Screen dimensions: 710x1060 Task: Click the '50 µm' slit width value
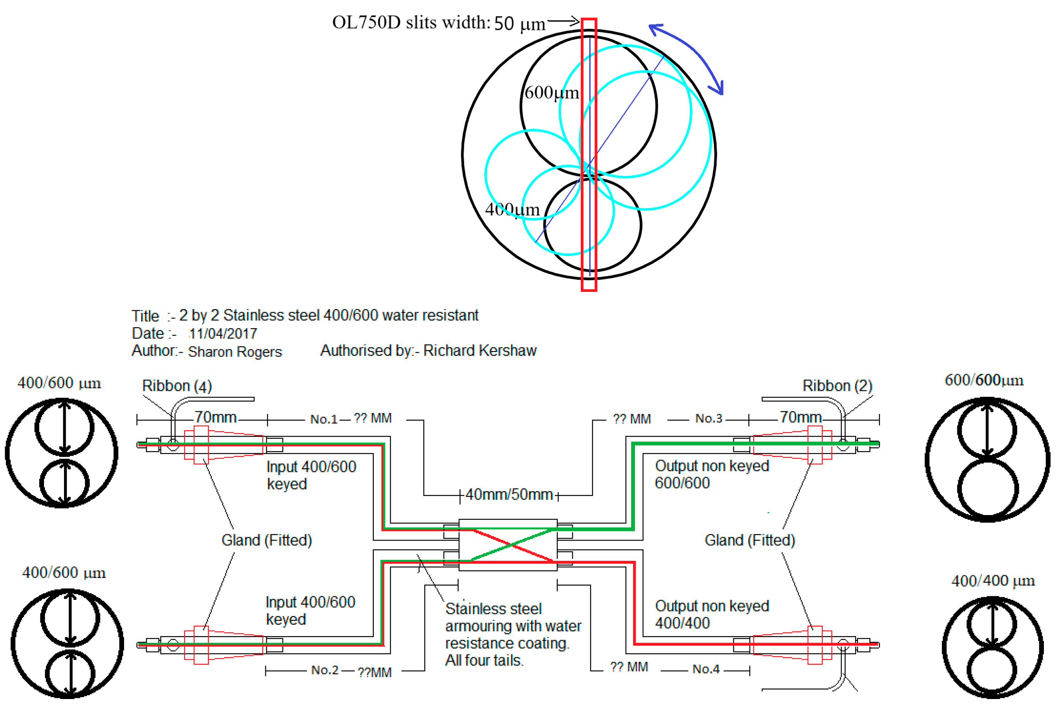[x=519, y=23]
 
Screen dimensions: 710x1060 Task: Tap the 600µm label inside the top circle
[x=551, y=93]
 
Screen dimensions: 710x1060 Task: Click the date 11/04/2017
[x=223, y=334]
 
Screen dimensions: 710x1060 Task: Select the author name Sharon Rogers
[x=234, y=352]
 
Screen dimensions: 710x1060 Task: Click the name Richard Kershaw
[x=480, y=350]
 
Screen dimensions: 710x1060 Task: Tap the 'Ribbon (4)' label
[x=177, y=386]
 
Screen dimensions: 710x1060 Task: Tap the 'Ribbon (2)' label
[x=837, y=386]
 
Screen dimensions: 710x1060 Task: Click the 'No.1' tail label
[x=323, y=419]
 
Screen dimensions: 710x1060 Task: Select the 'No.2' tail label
[x=325, y=670]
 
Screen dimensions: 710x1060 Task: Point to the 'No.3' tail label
[x=708, y=418]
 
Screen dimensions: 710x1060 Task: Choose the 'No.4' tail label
[x=706, y=669]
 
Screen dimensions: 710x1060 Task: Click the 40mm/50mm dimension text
[x=508, y=495]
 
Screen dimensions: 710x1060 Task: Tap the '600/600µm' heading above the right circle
[x=984, y=380]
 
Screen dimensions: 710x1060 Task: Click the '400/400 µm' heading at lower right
[x=993, y=581]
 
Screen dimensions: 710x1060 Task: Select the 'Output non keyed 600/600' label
[x=711, y=474]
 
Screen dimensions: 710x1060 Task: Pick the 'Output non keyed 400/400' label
[x=711, y=615]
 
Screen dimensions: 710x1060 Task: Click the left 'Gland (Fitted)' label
[x=266, y=540]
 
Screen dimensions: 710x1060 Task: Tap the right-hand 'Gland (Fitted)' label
[x=749, y=540]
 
